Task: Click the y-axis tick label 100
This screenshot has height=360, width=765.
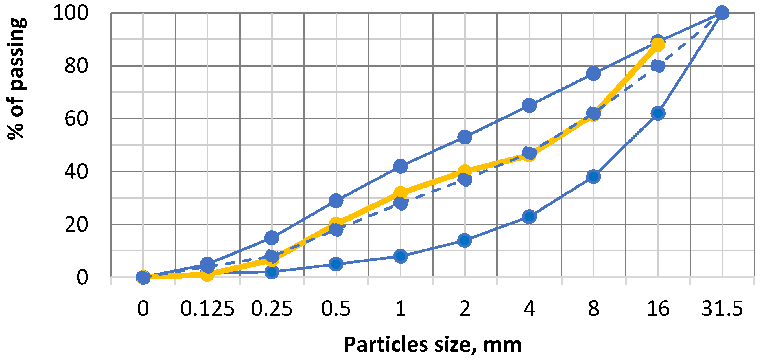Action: tap(71, 13)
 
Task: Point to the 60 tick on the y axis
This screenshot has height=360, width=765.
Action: tap(76, 119)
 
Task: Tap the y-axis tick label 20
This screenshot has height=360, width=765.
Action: tap(76, 225)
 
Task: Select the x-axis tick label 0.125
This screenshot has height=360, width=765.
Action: tap(207, 309)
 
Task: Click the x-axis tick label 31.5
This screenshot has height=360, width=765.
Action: tap(722, 309)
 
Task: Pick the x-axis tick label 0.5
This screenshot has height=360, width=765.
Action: tap(336, 309)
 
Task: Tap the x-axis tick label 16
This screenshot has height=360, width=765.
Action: tap(658, 309)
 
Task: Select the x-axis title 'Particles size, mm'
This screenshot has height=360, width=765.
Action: tap(432, 345)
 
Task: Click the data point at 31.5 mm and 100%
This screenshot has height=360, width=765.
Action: tap(722, 13)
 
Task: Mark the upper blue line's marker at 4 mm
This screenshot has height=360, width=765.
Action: tap(529, 105)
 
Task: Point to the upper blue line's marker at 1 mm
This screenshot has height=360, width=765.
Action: tap(400, 166)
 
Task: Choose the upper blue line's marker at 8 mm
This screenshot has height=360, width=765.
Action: tap(593, 74)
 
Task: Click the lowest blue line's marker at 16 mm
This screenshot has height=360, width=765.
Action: tap(658, 113)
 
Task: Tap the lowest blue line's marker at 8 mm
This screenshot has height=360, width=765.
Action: tap(593, 177)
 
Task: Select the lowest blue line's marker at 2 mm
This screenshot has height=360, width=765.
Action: tap(465, 240)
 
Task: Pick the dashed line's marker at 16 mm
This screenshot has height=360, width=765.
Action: tap(658, 66)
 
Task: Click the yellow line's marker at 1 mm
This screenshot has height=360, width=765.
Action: tap(400, 192)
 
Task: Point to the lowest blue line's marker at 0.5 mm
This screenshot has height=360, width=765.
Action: tap(336, 264)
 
